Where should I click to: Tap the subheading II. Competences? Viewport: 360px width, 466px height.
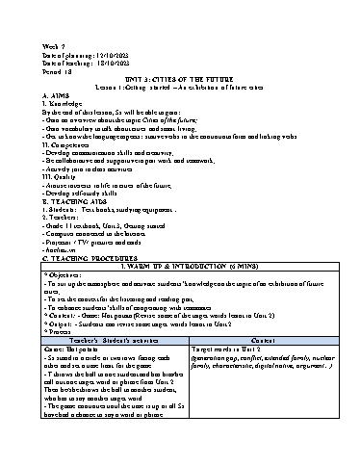point(72,148)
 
